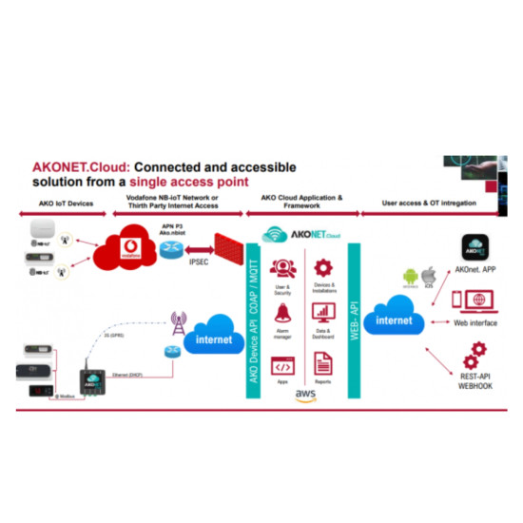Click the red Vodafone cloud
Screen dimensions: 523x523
[131, 249]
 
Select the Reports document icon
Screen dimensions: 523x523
[322, 362]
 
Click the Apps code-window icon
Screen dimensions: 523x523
[281, 363]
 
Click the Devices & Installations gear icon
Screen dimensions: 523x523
[322, 263]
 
